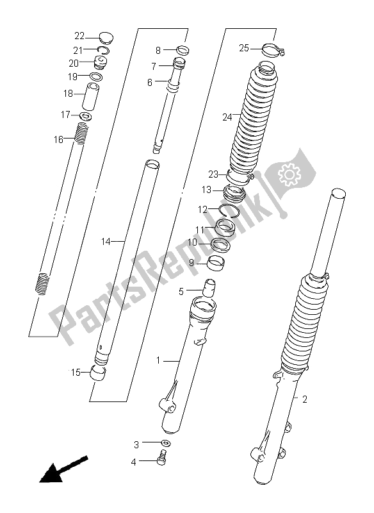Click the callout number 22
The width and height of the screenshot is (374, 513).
click(x=79, y=36)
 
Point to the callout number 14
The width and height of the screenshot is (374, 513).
click(x=107, y=241)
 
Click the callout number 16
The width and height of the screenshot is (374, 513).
click(x=58, y=139)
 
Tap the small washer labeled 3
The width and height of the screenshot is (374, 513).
click(x=167, y=443)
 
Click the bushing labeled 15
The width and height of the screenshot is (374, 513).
click(x=99, y=373)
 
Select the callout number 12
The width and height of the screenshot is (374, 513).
click(x=202, y=209)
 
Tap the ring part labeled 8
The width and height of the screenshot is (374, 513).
click(x=183, y=51)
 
